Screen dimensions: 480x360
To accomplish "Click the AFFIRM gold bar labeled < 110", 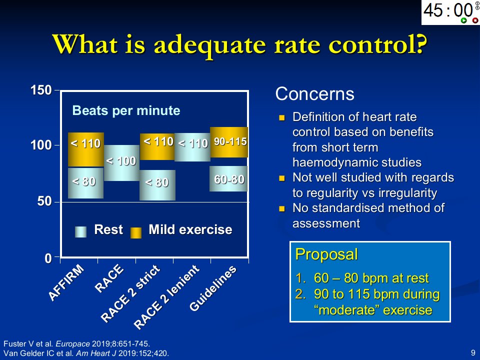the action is (85, 149).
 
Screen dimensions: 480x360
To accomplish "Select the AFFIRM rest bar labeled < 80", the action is (85, 183).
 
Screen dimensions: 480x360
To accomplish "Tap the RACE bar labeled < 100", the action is (121, 163).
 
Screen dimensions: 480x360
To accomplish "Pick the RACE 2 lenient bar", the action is (192, 147).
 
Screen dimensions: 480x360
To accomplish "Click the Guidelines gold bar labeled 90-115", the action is (229, 142).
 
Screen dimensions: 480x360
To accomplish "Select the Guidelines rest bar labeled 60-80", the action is (228, 179).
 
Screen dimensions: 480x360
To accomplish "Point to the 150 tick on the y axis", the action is (57, 90).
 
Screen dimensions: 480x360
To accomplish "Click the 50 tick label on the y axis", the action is (44, 201).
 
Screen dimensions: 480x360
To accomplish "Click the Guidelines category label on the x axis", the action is (213, 288).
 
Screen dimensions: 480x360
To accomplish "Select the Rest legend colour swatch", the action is (81, 232).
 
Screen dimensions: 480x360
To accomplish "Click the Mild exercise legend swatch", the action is (136, 232).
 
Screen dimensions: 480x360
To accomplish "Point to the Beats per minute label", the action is (126, 110).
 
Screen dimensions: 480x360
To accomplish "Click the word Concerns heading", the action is (314, 93).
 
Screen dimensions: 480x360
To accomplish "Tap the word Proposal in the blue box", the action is (326, 254).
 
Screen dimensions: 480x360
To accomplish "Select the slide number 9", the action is (473, 352).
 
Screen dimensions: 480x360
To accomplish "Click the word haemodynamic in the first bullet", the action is (357, 162).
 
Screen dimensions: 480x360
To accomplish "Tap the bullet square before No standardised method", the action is (282, 209).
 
